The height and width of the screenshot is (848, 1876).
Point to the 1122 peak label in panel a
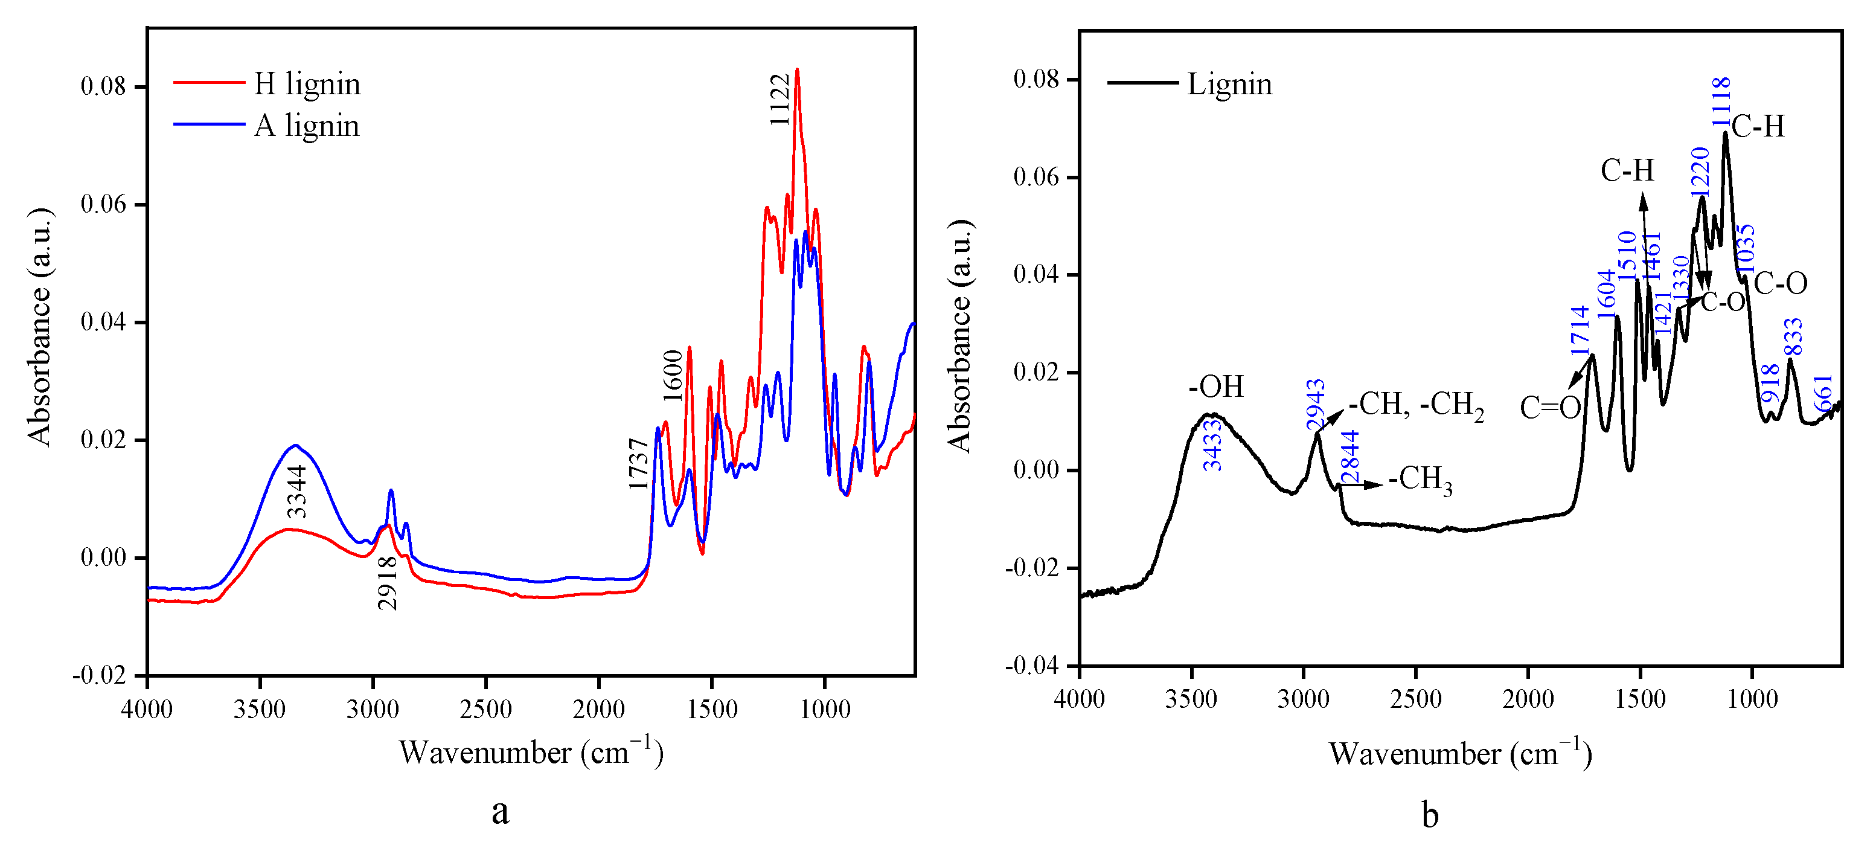[x=780, y=100]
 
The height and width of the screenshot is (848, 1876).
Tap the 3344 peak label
[x=296, y=491]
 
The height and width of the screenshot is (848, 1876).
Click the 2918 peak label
[x=388, y=582]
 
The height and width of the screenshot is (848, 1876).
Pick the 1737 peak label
[x=638, y=464]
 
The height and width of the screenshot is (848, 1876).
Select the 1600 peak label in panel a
[x=673, y=376]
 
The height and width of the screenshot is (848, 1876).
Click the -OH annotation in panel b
[x=1216, y=387]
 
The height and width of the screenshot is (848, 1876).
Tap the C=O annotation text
[x=1550, y=408]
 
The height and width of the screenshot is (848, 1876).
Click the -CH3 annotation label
[x=1420, y=480]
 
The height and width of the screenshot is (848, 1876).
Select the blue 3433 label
[x=1212, y=445]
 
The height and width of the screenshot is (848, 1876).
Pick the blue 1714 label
[x=1579, y=331]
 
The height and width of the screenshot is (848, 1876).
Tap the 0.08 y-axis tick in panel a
[x=103, y=87]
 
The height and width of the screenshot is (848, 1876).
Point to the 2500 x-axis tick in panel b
[x=1415, y=699]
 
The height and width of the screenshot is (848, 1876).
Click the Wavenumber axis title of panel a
[x=531, y=753]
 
